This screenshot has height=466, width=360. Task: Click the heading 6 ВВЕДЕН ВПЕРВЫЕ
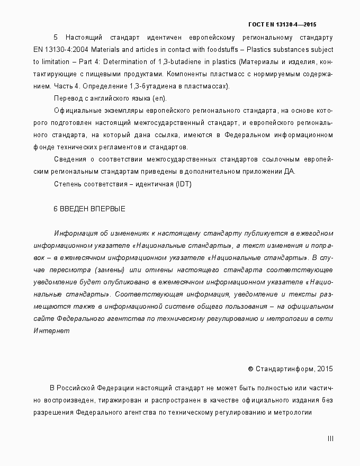click(89, 209)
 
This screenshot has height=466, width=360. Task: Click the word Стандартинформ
click(283, 369)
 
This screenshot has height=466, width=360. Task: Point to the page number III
click(330, 438)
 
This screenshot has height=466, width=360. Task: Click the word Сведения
click(69, 159)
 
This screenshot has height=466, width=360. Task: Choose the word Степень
click(68, 184)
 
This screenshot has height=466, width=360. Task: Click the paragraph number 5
click(56, 38)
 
